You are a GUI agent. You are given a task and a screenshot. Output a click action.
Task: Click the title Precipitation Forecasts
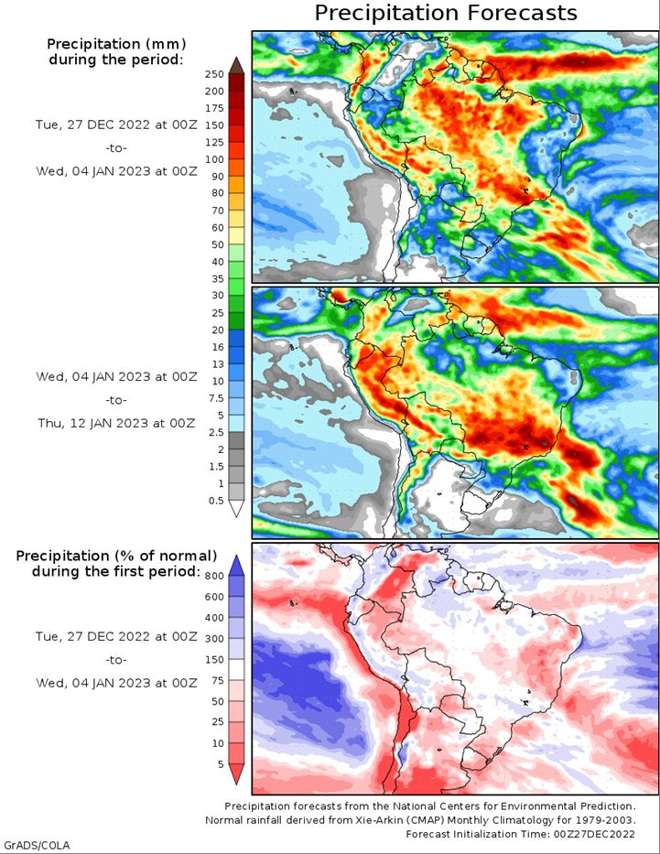[x=446, y=13]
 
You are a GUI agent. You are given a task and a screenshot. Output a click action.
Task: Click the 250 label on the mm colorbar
[x=214, y=75]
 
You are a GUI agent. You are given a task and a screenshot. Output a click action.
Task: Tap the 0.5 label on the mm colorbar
[x=216, y=501]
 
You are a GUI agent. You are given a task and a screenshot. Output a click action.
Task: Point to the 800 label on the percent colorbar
[x=214, y=577]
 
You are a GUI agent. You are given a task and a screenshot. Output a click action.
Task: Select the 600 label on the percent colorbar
[x=214, y=597]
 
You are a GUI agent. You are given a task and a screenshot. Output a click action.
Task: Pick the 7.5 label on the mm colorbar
[x=216, y=398]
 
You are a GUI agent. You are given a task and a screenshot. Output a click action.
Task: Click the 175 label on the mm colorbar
[x=214, y=108]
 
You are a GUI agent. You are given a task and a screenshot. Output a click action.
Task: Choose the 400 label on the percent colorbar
[x=214, y=618]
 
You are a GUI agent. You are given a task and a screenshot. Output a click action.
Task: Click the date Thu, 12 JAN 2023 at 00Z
[x=116, y=423]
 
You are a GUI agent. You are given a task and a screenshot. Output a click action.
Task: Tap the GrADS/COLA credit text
[x=36, y=845]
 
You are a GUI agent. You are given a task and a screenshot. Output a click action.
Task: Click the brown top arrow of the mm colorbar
[x=236, y=65]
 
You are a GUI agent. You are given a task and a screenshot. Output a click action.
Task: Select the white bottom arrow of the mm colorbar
[x=236, y=509]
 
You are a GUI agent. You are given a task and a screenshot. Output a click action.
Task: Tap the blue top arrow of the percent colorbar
[x=236, y=566]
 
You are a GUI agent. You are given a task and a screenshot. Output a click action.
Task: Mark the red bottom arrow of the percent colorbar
[x=236, y=774]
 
